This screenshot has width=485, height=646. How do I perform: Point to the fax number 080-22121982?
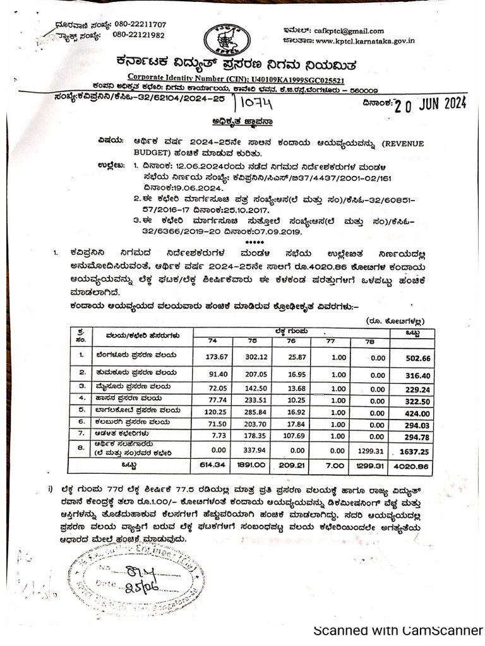138,35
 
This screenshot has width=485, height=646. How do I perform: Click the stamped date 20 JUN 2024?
430,104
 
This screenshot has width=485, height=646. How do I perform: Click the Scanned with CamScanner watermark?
397,630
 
